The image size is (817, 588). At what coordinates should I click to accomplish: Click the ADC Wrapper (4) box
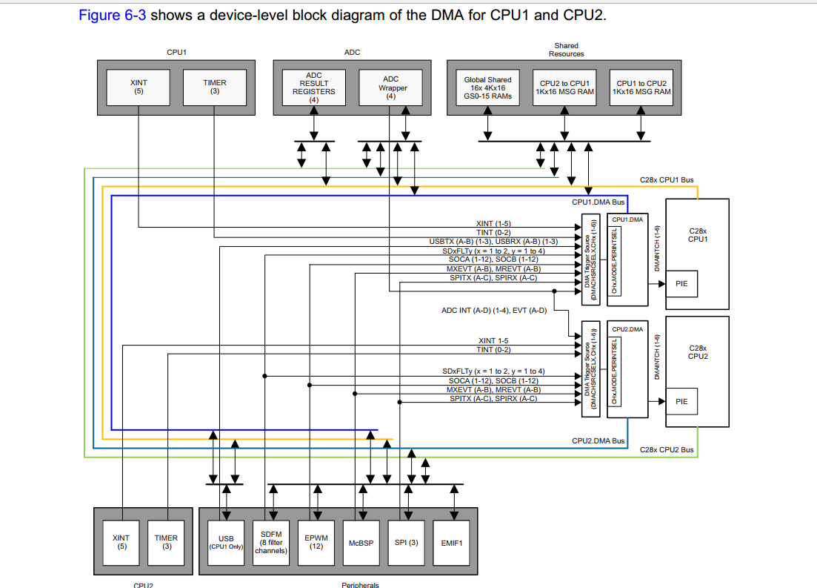click(391, 87)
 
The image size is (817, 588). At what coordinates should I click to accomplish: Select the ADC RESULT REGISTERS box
click(314, 87)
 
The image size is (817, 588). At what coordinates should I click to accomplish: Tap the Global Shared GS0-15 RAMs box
click(487, 87)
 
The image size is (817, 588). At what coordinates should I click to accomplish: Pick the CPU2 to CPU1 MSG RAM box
click(564, 87)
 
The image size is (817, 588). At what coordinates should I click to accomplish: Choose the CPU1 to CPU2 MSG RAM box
click(641, 87)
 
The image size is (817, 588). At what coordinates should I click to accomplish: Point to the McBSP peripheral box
click(361, 542)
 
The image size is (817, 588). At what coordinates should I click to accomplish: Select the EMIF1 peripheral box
click(451, 542)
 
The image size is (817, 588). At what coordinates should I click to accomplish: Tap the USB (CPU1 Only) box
click(226, 542)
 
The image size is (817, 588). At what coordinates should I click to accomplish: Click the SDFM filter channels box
click(270, 542)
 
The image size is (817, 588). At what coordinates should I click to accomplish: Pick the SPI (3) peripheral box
click(406, 542)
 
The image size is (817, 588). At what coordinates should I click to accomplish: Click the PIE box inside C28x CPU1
click(681, 283)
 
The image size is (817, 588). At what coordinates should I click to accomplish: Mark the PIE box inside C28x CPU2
click(681, 401)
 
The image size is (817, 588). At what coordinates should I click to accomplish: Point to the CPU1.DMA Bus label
click(598, 202)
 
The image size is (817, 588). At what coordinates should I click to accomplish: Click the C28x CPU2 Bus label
click(667, 449)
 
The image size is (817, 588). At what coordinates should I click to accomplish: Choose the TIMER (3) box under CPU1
click(215, 87)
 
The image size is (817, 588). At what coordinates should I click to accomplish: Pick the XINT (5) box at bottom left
click(121, 542)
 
